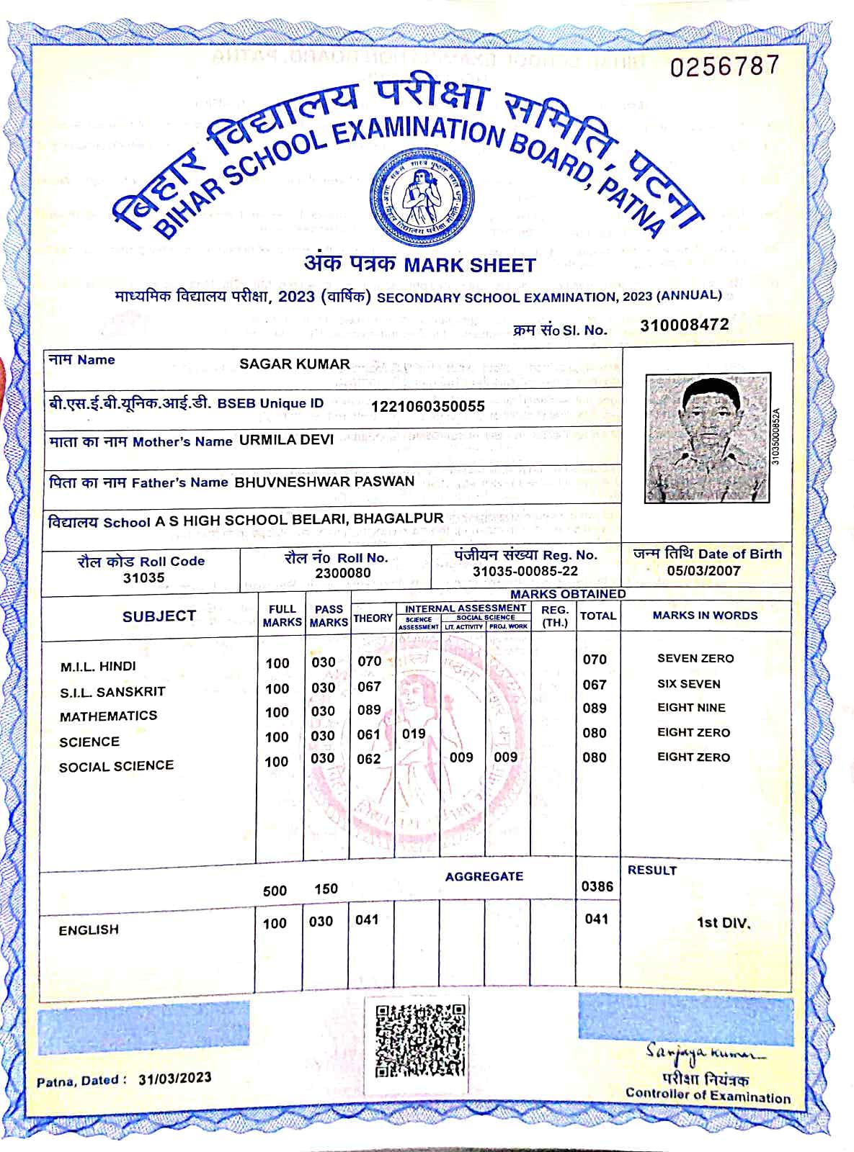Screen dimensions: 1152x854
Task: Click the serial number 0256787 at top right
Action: [x=724, y=66]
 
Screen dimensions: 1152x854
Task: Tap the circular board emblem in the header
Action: [x=422, y=197]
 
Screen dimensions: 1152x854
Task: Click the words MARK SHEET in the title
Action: [x=469, y=265]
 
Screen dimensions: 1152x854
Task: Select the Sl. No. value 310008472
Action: [x=684, y=325]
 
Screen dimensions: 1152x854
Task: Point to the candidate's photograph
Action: [x=708, y=437]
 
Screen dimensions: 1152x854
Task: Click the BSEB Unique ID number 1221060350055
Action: [x=427, y=406]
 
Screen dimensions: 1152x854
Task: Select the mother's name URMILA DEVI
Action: [x=286, y=439]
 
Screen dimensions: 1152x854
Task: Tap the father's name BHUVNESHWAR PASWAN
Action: [x=324, y=481]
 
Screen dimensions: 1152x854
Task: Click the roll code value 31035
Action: [x=143, y=577]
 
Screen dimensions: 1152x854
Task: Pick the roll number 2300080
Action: [x=343, y=573]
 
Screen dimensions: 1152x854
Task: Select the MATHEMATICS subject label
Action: [x=108, y=716]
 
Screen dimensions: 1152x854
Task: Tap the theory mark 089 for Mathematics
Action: [x=369, y=710]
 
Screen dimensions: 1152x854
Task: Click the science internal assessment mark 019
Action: [x=414, y=734]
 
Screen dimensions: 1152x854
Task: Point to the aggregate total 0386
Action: [x=597, y=886]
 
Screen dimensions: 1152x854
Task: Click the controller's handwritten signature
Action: [x=704, y=1053]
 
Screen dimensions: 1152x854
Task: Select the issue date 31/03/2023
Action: [x=175, y=1078]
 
